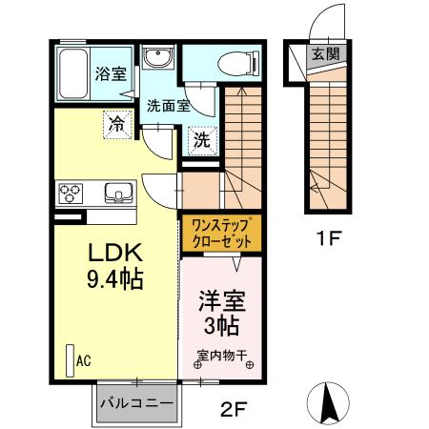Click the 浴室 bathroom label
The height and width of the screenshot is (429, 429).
(110, 73)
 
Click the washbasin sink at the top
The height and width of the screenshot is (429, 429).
(158, 60)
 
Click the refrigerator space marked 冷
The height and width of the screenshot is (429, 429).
(116, 122)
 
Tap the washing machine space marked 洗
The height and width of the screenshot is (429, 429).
(202, 139)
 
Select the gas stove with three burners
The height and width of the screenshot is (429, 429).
(71, 193)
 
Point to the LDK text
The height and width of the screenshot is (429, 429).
(115, 254)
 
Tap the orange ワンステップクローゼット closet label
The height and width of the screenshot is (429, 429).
(220, 233)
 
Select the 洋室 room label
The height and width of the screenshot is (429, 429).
(221, 302)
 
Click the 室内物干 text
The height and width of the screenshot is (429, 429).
(222, 357)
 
